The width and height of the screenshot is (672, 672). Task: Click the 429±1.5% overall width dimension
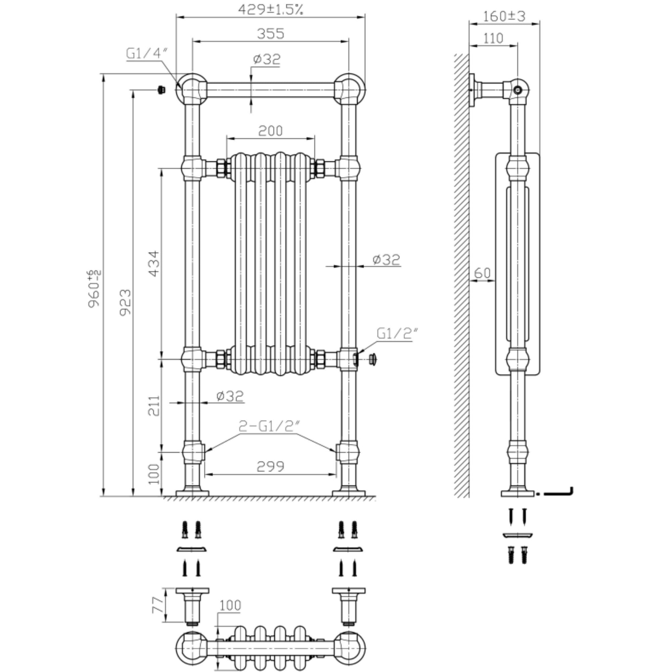[x=270, y=9]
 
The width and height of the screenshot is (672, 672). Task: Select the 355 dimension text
[x=270, y=34]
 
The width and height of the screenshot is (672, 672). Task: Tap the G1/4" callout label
[x=146, y=53]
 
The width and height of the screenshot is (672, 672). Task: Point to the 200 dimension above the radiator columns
[x=270, y=131]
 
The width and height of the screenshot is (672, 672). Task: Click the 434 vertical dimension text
[x=154, y=263]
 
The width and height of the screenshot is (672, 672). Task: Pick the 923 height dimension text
[x=126, y=302]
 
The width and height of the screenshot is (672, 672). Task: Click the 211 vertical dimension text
[x=154, y=405]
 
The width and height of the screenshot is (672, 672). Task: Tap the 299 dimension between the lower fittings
[x=270, y=466]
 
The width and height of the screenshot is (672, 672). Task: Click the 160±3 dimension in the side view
[x=504, y=16]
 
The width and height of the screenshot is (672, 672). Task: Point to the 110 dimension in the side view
[x=493, y=38]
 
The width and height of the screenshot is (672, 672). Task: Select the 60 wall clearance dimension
[x=482, y=273]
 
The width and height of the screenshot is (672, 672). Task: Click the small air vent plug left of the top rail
[x=161, y=90]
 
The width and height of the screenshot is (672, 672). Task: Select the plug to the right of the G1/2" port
[x=373, y=359]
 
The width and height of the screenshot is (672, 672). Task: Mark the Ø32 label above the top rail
[x=266, y=59]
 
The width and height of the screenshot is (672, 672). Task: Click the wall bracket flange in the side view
[x=472, y=90]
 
